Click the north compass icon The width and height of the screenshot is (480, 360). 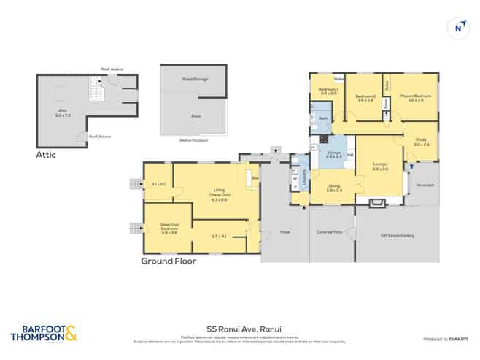coord(458,28)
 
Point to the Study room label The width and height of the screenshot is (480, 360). coord(422,142)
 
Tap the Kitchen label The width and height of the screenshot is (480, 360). coord(334,154)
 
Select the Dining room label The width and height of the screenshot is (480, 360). coord(334,187)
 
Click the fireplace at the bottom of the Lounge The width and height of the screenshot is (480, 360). coord(379,202)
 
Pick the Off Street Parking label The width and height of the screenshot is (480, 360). coord(398,235)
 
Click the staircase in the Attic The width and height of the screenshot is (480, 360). coord(93,91)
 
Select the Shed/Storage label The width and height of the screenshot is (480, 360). coord(195,78)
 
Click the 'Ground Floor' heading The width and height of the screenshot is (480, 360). coord(168,261)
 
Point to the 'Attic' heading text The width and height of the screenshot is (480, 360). coord(45,155)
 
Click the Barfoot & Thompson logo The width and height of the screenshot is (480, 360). coord(42,335)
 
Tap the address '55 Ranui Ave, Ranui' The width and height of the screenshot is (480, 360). coord(239,329)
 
